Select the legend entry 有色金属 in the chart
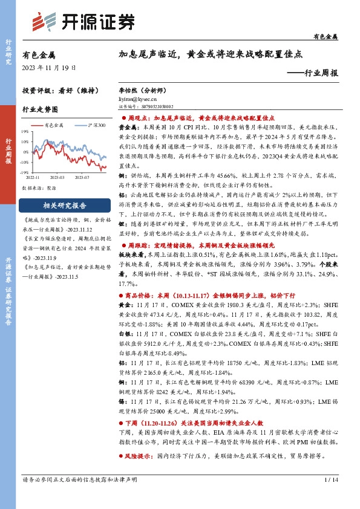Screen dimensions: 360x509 (54, 125)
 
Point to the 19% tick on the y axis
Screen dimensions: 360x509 (25, 130)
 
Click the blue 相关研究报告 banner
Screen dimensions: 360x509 (67, 205)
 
